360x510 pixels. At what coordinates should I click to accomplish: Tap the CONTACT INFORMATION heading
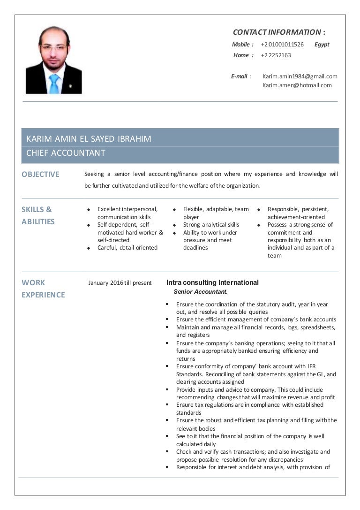coord(278,32)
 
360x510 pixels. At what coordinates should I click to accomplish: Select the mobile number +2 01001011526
coord(282,45)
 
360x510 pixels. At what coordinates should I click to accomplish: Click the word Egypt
coord(322,45)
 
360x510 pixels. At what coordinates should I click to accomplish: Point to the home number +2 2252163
coord(276,55)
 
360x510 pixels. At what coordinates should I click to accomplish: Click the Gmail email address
coord(300,76)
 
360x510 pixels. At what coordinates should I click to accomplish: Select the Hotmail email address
coord(297,85)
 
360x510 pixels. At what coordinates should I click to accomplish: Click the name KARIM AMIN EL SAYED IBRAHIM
coord(89,139)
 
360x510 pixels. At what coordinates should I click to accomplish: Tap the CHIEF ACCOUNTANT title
coord(66,153)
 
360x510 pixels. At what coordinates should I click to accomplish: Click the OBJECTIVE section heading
coord(40,174)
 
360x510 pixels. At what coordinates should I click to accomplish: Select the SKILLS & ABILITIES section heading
coord(37,215)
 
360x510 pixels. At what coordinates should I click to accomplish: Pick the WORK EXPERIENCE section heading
coord(43,289)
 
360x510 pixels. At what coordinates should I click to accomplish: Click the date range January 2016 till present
coord(120,283)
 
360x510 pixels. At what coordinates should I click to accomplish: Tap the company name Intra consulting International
coord(212,282)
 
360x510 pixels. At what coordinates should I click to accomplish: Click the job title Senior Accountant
coord(200,292)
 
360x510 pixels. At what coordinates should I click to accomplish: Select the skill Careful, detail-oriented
coord(127,248)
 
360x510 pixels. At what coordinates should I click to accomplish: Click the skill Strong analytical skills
coord(211,225)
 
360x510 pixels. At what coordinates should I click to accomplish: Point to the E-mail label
coord(240,76)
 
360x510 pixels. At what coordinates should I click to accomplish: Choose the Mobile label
coord(242,45)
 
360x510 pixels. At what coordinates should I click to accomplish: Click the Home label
coord(242,55)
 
